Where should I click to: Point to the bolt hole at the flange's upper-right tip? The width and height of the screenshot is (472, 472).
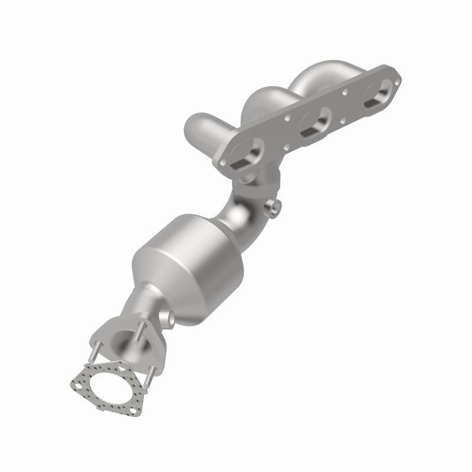point(404,75)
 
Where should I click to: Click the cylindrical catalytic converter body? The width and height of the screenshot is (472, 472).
point(183,266)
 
